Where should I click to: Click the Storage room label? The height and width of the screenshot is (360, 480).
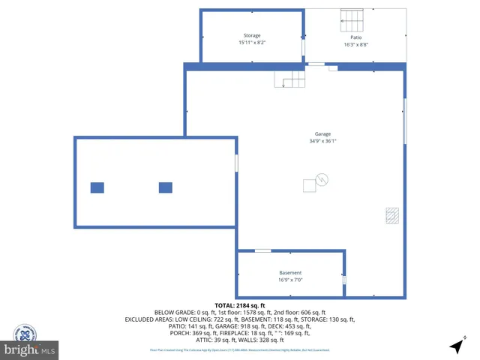click(252, 35)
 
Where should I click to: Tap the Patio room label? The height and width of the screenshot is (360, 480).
click(356, 37)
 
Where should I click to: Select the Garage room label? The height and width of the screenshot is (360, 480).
click(322, 133)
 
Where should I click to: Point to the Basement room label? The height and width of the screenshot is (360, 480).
click(290, 272)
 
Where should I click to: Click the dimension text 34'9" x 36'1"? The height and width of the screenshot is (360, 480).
click(322, 141)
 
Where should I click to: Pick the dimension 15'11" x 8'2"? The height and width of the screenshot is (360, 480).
click(252, 43)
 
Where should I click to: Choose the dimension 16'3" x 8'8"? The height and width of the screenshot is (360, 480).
click(356, 44)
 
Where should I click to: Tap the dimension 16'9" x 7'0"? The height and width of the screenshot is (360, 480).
click(290, 280)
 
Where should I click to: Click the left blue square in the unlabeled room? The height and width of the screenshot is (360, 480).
click(97, 187)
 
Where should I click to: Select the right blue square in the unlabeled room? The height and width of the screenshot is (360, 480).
click(166, 187)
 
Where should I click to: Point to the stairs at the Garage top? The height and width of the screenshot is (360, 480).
click(289, 78)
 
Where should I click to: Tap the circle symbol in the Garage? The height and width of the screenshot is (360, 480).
click(322, 179)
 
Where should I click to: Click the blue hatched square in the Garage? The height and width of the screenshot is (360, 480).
click(391, 214)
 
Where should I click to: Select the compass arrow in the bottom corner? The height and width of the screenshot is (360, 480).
click(457, 346)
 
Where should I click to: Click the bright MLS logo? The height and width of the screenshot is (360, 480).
click(30, 349)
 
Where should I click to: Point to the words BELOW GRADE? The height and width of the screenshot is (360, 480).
click(174, 312)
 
